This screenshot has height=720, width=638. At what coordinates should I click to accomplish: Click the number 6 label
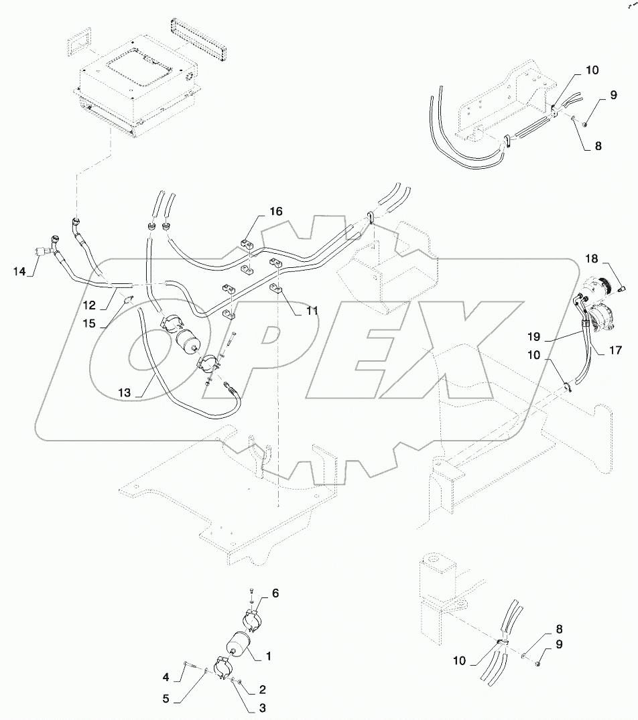point(274,593)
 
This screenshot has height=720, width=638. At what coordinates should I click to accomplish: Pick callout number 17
point(615,350)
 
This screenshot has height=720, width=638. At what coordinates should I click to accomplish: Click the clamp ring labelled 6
point(250,620)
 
